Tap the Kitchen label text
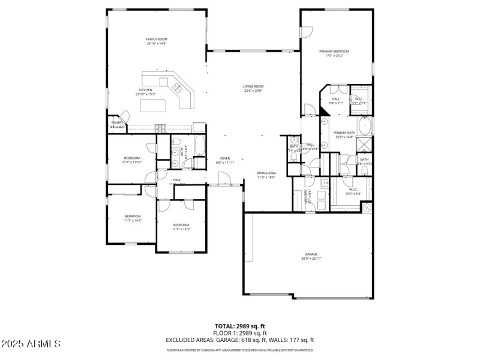click(x=146, y=92)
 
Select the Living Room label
click(x=253, y=88)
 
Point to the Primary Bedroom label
click(x=334, y=53)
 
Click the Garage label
click(x=311, y=256)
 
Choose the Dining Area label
click(x=266, y=175)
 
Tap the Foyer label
click(x=224, y=160)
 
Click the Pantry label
click(x=117, y=124)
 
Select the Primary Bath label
click(x=344, y=134)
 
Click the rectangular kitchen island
click(x=153, y=106)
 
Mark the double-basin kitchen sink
click(x=178, y=88)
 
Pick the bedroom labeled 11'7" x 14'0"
click(x=133, y=218)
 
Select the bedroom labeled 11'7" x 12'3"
click(x=181, y=227)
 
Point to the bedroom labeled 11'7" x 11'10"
click(x=132, y=160)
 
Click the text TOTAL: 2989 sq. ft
click(x=240, y=326)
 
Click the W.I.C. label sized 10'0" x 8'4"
click(x=353, y=191)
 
